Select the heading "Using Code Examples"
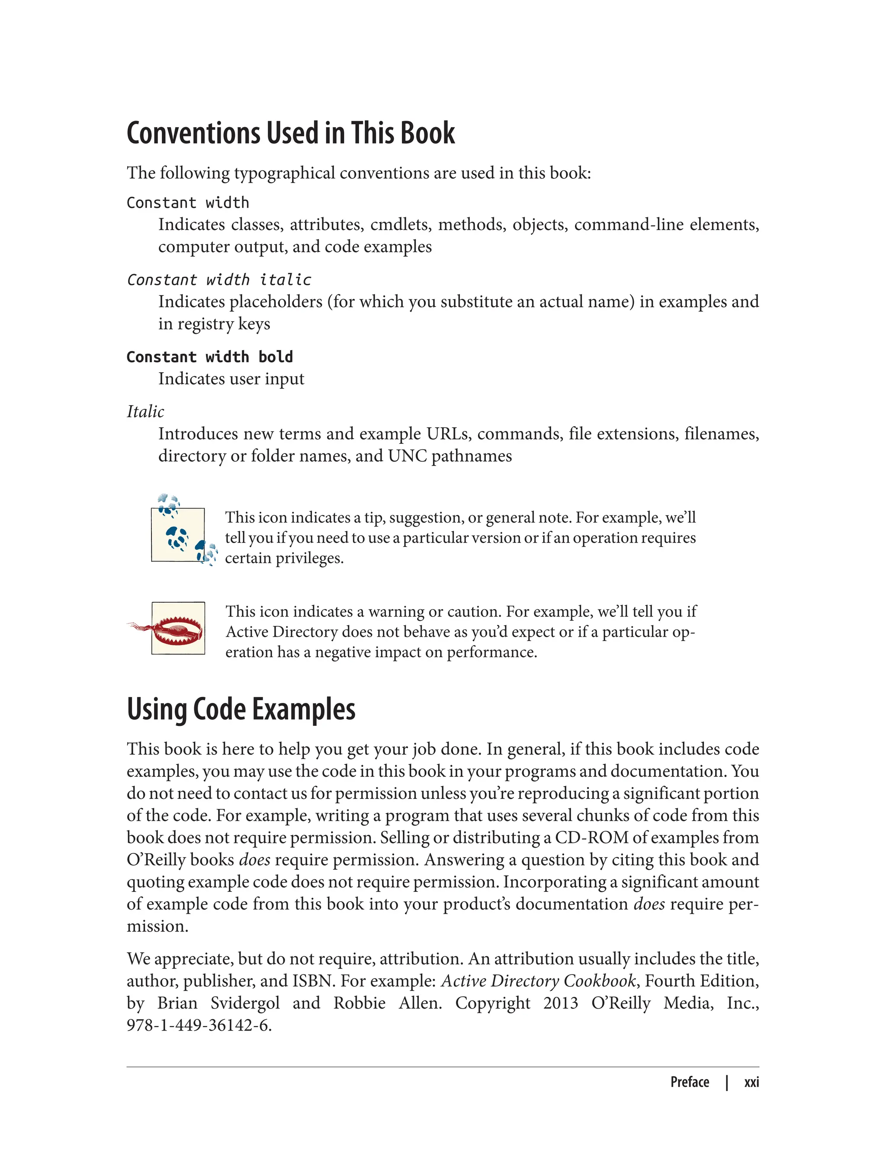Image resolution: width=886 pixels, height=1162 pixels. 241,709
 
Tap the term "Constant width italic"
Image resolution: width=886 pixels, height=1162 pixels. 219,280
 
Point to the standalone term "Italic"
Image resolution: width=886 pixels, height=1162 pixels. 145,412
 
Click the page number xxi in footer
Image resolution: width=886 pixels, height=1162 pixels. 751,1082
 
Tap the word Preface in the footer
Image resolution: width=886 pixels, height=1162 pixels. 689,1082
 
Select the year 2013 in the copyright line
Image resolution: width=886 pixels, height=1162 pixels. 561,1003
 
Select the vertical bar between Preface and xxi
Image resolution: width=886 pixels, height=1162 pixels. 727,1082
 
